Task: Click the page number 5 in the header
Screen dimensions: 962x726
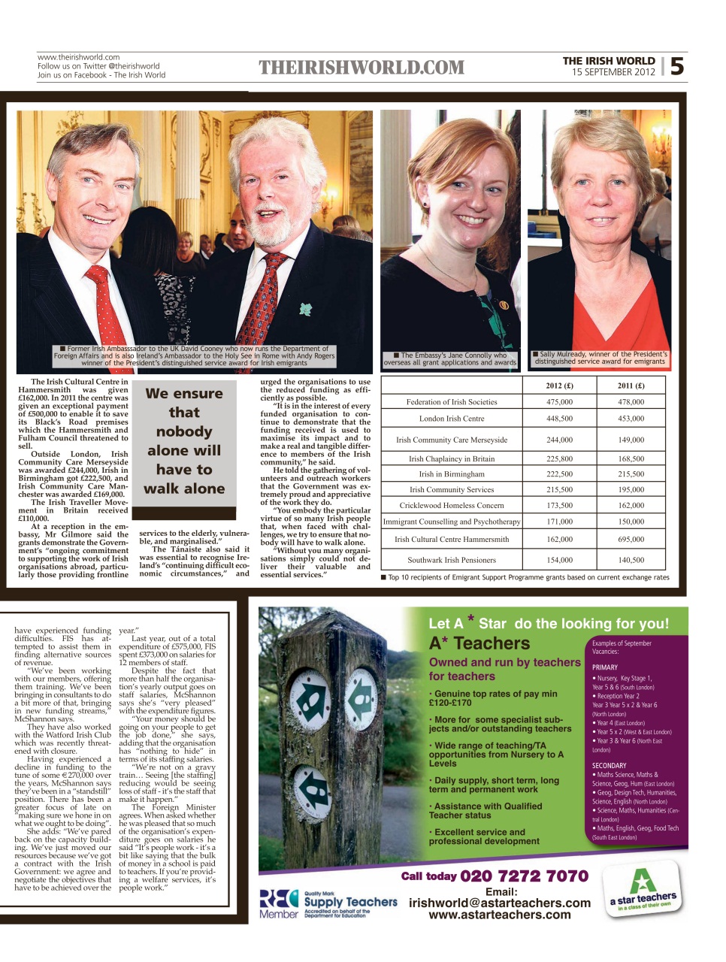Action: [676, 66]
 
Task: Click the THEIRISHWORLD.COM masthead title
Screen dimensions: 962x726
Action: [361, 68]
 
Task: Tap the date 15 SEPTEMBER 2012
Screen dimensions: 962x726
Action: [613, 72]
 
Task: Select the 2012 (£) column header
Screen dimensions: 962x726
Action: [559, 386]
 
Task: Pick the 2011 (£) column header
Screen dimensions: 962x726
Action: [631, 386]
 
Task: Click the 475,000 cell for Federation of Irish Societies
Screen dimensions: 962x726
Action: [559, 402]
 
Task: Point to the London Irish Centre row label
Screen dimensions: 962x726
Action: [452, 419]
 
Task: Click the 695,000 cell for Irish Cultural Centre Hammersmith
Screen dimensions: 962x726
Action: [631, 540]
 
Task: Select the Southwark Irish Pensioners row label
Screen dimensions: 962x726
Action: [452, 560]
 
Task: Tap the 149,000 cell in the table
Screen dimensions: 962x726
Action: [631, 440]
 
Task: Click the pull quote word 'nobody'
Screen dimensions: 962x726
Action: [184, 431]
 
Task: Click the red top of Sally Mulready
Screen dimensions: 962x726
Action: [601, 316]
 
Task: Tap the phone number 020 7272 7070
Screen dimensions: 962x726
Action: [524, 876]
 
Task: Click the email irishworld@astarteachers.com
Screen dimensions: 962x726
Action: [500, 903]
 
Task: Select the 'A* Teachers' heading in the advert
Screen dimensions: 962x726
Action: [479, 643]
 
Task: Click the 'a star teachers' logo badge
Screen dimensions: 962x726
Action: [643, 891]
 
